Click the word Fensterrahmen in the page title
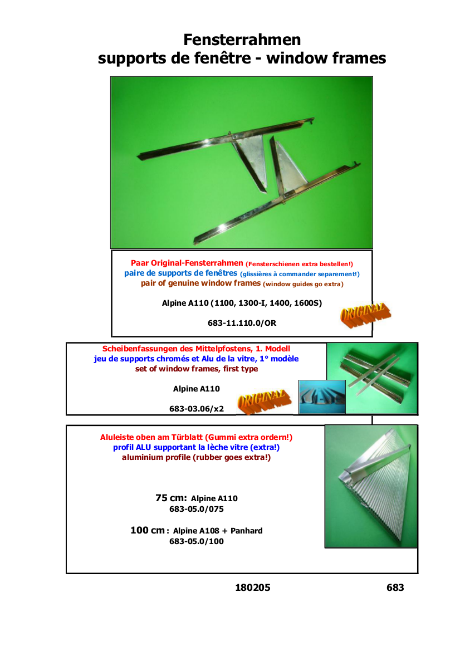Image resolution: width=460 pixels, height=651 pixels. tap(242, 40)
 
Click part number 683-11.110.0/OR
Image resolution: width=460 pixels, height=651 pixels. tap(242, 323)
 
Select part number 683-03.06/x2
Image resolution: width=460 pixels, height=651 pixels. tap(197, 409)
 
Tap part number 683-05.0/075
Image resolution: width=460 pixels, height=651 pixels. tap(197, 509)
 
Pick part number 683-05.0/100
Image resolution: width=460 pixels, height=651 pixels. tap(197, 541)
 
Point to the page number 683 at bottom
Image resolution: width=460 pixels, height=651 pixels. tap(395, 588)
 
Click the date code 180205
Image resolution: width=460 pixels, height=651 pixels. tap(252, 588)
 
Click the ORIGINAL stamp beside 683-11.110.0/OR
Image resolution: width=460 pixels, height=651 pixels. tap(365, 315)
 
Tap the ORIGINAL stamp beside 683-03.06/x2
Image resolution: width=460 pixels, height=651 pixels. tap(264, 402)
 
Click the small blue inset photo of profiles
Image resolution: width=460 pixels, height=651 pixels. tap(322, 397)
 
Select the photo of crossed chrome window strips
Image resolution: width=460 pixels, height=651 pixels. tap(372, 378)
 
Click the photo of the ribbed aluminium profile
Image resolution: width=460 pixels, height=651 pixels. tap(371, 486)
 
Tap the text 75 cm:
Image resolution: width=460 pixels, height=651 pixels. tap(171, 498)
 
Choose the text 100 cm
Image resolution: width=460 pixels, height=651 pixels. tap(148, 530)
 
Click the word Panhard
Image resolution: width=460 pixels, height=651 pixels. tap(247, 531)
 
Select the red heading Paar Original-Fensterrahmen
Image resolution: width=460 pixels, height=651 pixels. tap(187, 263)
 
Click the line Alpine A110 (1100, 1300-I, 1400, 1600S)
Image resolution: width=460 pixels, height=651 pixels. tap(242, 303)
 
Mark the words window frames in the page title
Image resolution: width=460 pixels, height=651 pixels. tap(326, 58)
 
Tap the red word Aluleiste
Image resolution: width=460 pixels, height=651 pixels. tap(116, 437)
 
